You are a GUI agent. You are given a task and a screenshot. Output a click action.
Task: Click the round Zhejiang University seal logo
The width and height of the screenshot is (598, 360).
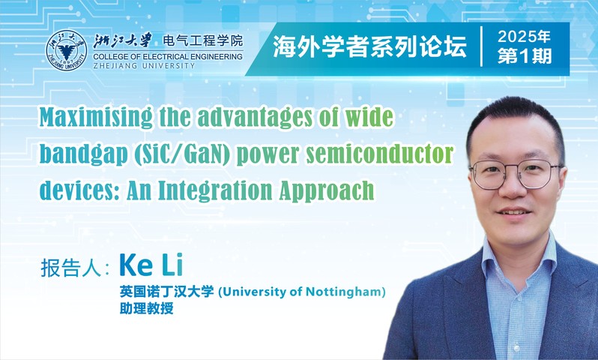[67, 50]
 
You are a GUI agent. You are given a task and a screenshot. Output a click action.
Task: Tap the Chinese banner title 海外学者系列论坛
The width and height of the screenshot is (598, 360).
[369, 48]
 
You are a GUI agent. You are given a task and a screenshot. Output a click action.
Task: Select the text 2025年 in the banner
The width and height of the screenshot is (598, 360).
[524, 37]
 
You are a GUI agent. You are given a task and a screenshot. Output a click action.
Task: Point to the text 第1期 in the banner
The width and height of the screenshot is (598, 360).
[525, 56]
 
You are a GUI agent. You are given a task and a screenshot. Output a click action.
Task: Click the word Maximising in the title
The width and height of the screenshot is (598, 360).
[96, 118]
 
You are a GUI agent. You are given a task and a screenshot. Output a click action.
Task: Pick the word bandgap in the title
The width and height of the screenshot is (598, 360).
[83, 154]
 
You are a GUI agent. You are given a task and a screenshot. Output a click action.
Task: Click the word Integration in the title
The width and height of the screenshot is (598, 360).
[215, 190]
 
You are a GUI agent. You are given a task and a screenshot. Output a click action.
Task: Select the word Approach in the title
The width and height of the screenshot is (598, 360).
[327, 190]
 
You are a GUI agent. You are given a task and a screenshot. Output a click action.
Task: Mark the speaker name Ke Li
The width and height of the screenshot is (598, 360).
[151, 265]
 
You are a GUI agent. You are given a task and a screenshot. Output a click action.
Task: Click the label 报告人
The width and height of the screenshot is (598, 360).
[70, 268]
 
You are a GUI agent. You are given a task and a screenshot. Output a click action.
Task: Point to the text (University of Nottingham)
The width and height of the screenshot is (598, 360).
[302, 292]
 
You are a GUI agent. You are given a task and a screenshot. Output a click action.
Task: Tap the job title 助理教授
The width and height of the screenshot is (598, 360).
[146, 307]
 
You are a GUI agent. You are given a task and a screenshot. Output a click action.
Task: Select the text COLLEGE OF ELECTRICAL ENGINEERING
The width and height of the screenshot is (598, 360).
[168, 57]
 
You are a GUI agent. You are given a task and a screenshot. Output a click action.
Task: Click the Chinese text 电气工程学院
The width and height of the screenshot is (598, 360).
[202, 40]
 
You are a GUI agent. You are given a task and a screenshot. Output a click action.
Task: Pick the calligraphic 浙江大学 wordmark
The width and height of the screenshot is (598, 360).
[122, 40]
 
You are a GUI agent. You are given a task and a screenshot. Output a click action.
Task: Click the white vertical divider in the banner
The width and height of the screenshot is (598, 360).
[482, 46]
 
